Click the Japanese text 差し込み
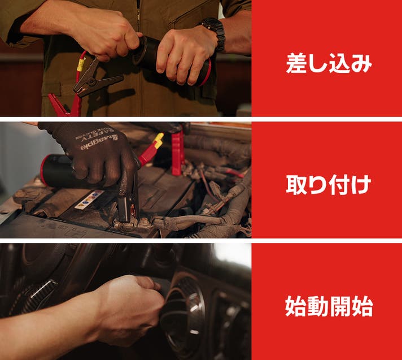coord(329,63)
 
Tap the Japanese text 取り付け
coord(329,184)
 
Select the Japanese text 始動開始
coord(329,306)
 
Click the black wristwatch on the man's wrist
coord(215,33)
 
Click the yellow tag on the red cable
coord(81,64)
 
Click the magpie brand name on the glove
coord(99,142)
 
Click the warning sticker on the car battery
coord(89,199)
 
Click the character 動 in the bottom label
coord(318,306)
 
